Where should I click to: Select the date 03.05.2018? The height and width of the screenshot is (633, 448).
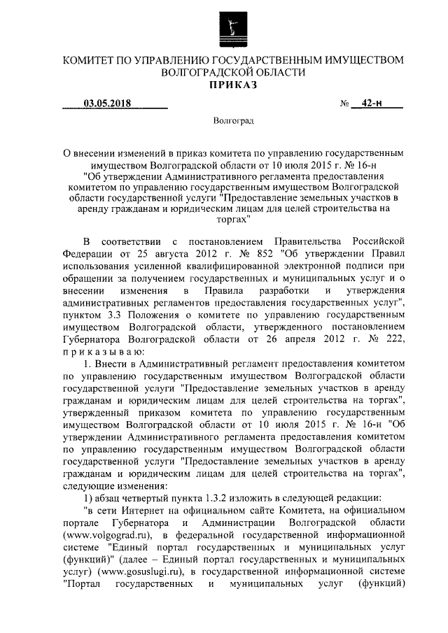[x=108, y=106]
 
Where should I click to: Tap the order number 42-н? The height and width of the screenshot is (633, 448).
[x=373, y=106]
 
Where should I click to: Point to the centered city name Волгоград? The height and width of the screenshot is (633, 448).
[x=234, y=121]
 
